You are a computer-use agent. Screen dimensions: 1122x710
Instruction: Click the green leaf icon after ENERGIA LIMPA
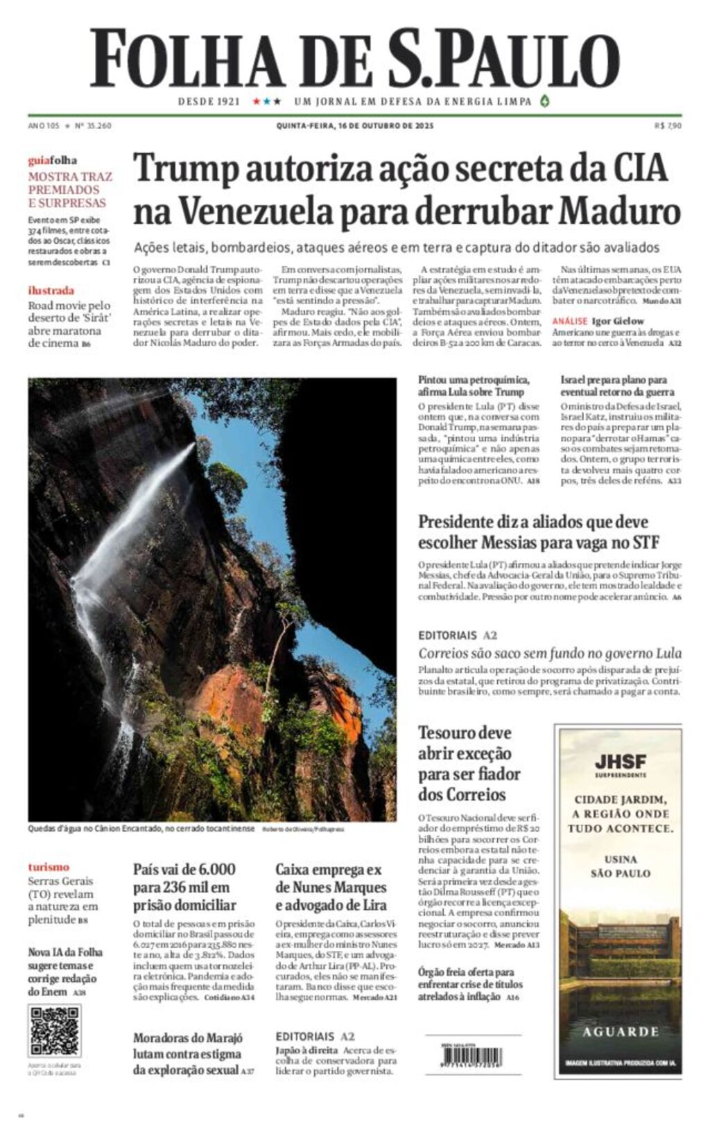click(x=544, y=101)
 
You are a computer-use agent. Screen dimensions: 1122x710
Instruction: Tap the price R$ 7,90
click(x=668, y=125)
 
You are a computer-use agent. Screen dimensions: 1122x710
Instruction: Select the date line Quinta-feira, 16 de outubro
click(x=354, y=125)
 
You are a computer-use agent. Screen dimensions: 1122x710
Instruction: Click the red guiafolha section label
click(x=52, y=161)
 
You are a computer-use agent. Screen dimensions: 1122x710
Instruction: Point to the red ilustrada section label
click(x=51, y=291)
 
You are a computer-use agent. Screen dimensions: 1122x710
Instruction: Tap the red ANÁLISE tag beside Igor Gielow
click(x=569, y=322)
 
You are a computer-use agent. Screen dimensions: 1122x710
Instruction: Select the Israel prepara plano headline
click(x=614, y=386)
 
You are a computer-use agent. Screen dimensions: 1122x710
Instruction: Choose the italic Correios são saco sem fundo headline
click(x=549, y=654)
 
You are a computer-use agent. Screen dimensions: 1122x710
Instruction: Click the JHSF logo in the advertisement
click(x=620, y=762)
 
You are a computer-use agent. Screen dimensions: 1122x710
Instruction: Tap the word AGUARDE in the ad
click(x=620, y=1032)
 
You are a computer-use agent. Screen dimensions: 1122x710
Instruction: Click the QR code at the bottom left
click(x=53, y=1031)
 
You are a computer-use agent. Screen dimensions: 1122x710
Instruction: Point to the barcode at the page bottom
click(x=471, y=1056)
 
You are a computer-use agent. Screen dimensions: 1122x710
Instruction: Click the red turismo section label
click(x=49, y=867)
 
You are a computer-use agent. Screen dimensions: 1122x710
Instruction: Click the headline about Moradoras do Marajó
click(x=188, y=1054)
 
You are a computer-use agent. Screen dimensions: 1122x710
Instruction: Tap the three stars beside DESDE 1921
click(x=267, y=102)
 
